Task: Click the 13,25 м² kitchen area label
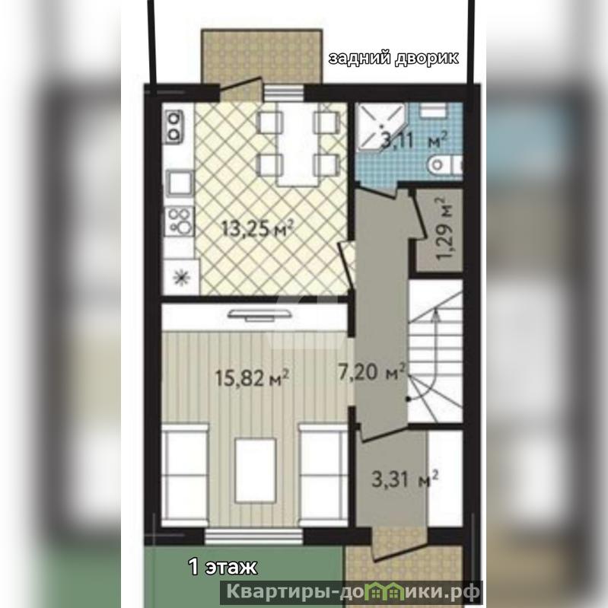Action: (x=256, y=228)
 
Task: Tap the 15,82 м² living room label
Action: (x=252, y=377)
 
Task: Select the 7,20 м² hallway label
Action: (x=372, y=372)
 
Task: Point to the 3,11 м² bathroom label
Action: (x=414, y=140)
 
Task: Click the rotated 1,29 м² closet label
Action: (x=444, y=229)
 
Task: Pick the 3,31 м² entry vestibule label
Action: (x=405, y=479)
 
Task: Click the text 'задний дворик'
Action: (x=393, y=58)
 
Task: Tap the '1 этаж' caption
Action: (x=222, y=567)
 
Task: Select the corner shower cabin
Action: (x=380, y=126)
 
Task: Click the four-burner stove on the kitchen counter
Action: (x=179, y=221)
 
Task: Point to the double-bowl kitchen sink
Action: (x=173, y=125)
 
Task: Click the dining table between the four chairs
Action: (x=298, y=145)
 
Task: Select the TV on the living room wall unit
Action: (x=259, y=314)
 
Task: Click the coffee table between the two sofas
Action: (x=255, y=470)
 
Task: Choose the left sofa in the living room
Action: (x=185, y=476)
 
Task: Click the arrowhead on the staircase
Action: (x=436, y=314)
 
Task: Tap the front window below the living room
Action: (x=253, y=537)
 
